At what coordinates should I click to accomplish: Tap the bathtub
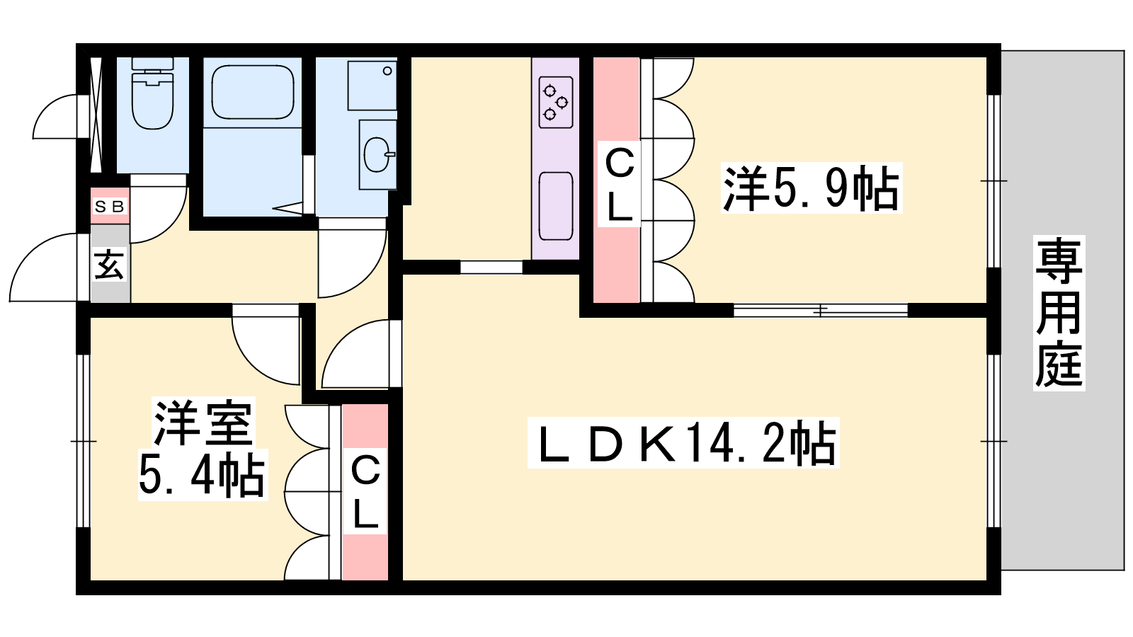[253, 92]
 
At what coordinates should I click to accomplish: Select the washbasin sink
[378, 154]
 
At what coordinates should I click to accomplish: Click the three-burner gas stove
[556, 102]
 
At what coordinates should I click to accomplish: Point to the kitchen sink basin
[556, 206]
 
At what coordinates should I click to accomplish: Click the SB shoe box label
[109, 206]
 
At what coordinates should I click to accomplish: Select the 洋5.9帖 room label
[812, 188]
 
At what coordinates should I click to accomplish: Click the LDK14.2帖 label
[683, 443]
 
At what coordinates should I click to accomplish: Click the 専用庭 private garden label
[1059, 313]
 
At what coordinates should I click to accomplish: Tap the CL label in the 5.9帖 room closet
[619, 184]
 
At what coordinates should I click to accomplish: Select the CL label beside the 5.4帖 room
[365, 491]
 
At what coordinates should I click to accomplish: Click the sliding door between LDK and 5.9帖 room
[821, 310]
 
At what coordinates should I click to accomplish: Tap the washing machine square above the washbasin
[372, 85]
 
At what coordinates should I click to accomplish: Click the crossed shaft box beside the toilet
[96, 115]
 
